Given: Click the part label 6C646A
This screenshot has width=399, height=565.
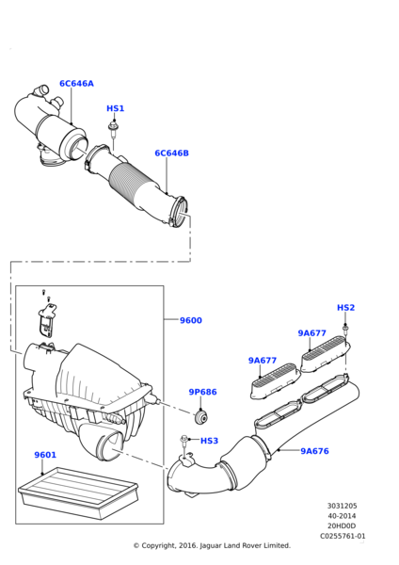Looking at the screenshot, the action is [x=76, y=84].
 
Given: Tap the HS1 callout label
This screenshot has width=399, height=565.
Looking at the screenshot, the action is [x=115, y=108].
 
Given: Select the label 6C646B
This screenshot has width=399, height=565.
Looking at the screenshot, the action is [x=171, y=153].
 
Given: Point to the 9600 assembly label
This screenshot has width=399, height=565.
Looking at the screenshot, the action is [x=191, y=320].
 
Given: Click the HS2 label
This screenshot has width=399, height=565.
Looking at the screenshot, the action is [x=345, y=308].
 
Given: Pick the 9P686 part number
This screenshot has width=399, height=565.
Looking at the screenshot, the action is [x=202, y=392].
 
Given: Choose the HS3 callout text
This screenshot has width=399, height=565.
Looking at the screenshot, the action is [x=209, y=441].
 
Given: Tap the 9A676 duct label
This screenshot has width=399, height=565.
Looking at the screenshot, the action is [x=314, y=451].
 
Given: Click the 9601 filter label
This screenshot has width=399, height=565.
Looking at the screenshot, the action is [x=45, y=455].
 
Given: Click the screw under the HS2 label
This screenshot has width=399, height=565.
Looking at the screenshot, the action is [x=345, y=329].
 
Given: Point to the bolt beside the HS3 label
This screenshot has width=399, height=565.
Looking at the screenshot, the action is [x=184, y=443].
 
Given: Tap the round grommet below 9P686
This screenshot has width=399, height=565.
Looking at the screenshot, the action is [x=200, y=416].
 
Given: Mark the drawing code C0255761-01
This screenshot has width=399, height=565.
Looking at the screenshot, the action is [x=343, y=536].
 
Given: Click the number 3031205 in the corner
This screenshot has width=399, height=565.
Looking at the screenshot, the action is [x=342, y=506].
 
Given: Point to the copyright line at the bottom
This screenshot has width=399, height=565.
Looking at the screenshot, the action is [x=212, y=545].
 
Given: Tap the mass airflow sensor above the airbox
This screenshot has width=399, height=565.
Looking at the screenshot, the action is [x=47, y=319].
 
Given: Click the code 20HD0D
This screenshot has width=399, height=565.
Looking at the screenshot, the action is [x=342, y=526].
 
